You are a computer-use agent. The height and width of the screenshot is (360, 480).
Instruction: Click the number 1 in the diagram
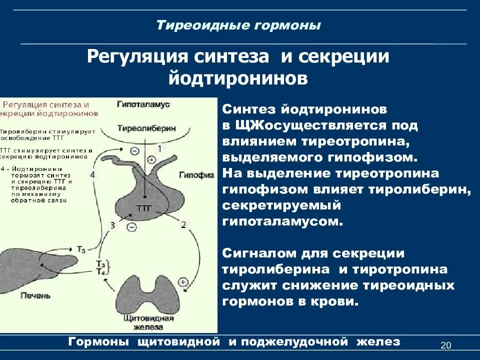pos(159,148)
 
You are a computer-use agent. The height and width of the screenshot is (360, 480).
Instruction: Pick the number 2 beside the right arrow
pos(183,225)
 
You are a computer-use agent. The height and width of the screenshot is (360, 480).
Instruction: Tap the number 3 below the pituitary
pos(112,225)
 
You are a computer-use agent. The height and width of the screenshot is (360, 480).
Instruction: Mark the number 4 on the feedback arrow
pos(92,174)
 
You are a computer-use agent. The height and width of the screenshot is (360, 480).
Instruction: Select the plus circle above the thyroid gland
pos(183,282)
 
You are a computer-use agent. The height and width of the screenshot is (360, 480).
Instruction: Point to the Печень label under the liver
pos(35,295)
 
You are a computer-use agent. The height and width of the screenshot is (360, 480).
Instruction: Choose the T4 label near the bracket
pos(100,271)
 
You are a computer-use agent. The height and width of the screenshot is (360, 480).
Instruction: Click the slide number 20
pos(446,345)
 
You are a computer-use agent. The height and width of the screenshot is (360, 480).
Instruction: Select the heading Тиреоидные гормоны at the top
pos(238,25)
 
